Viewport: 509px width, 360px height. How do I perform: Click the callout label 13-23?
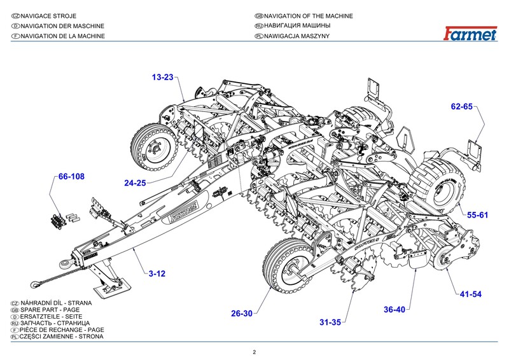162,78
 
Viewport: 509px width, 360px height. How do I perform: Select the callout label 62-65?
462,107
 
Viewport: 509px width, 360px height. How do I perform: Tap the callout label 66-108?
71,176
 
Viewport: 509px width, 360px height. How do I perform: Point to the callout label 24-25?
136,183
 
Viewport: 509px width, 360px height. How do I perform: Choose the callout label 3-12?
157,273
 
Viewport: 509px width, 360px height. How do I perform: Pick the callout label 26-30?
242,313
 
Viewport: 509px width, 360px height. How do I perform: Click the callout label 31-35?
330,322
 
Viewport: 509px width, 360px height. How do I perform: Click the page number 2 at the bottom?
254,352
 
